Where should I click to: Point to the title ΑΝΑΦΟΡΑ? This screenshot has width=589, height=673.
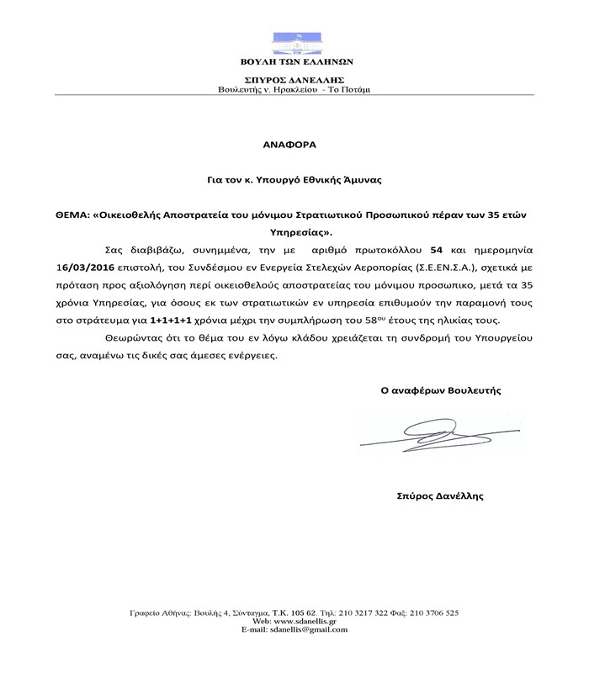pos(294,145)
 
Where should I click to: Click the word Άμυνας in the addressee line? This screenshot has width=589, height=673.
pos(369,179)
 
